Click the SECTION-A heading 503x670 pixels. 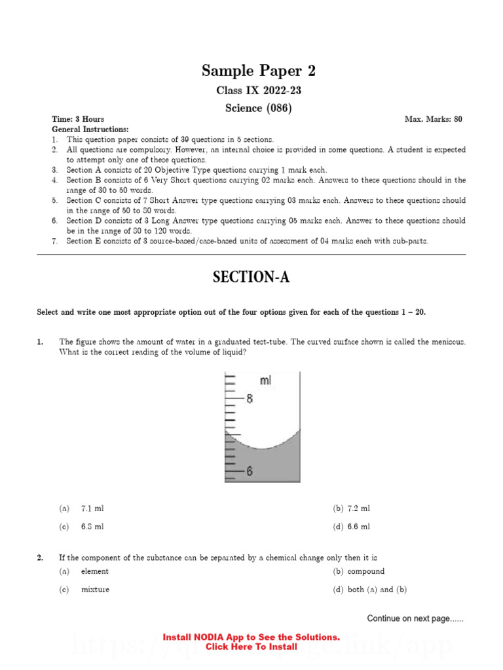point(251,278)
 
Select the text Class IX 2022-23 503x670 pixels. point(251,90)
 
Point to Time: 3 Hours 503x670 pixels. point(78,120)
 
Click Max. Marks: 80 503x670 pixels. point(434,120)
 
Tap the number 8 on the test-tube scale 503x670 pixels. point(249,398)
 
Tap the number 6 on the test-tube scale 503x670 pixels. point(249,471)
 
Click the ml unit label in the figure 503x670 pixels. point(266,381)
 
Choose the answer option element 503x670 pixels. point(94,571)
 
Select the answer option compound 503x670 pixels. point(365,571)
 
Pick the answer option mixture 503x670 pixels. point(95,590)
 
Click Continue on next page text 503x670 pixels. point(415,618)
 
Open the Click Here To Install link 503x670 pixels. point(251,646)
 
